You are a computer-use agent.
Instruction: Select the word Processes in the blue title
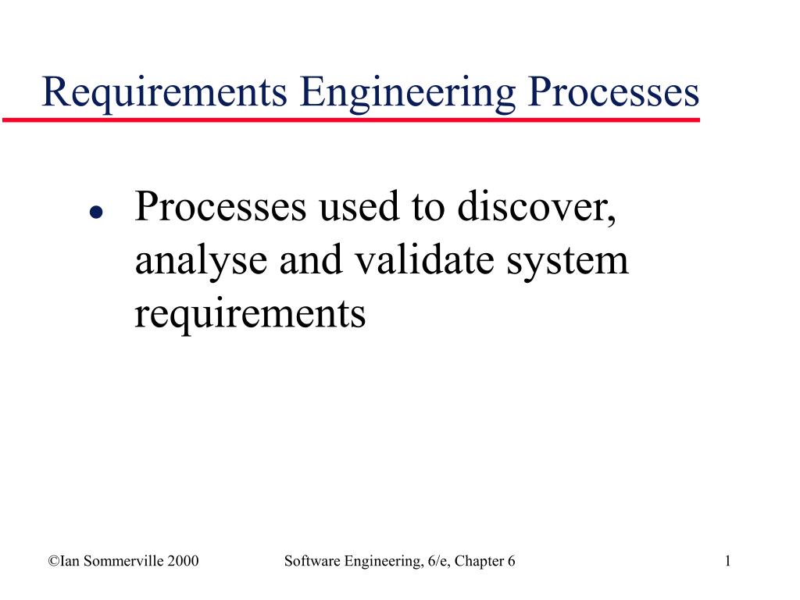[x=613, y=92]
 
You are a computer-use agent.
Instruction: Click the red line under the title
[x=352, y=120]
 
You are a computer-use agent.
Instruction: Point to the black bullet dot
[x=95, y=212]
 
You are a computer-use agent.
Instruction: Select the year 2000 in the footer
[x=181, y=561]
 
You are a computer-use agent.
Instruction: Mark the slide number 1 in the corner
[x=727, y=561]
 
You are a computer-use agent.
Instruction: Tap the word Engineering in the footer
[x=374, y=561]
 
